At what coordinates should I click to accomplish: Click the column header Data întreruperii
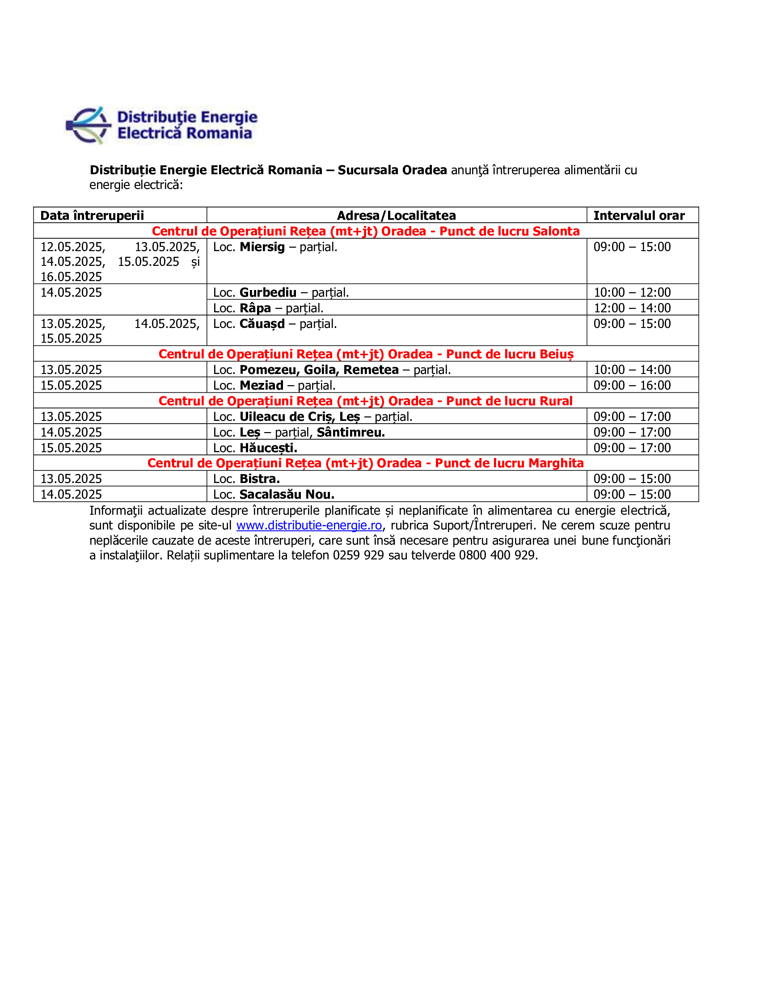pyautogui.click(x=92, y=216)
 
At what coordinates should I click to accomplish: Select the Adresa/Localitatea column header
pyautogui.click(x=396, y=216)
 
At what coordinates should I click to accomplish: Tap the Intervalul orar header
pyautogui.click(x=639, y=216)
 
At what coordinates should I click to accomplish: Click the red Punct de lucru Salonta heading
pyautogui.click(x=366, y=231)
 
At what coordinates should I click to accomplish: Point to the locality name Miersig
pyautogui.click(x=262, y=247)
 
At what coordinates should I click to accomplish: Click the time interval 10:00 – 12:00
pyautogui.click(x=632, y=293)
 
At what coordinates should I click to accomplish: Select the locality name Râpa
pyautogui.click(x=255, y=308)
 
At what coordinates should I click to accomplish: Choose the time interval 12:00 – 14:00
pyautogui.click(x=632, y=308)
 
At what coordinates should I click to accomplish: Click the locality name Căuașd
pyautogui.click(x=262, y=324)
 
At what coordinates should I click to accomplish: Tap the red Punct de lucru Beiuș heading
pyautogui.click(x=366, y=354)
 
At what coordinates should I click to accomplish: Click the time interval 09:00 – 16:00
pyautogui.click(x=632, y=386)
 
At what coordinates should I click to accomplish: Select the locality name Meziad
pyautogui.click(x=262, y=386)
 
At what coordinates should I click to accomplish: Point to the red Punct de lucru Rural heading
pyautogui.click(x=366, y=401)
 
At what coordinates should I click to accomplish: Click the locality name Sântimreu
pyautogui.click(x=351, y=433)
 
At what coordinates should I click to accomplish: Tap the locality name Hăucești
pyautogui.click(x=268, y=448)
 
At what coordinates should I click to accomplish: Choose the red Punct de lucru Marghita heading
pyautogui.click(x=366, y=463)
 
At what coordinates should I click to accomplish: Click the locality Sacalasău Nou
pyautogui.click(x=287, y=495)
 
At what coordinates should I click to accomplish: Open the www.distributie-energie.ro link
pyautogui.click(x=309, y=526)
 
